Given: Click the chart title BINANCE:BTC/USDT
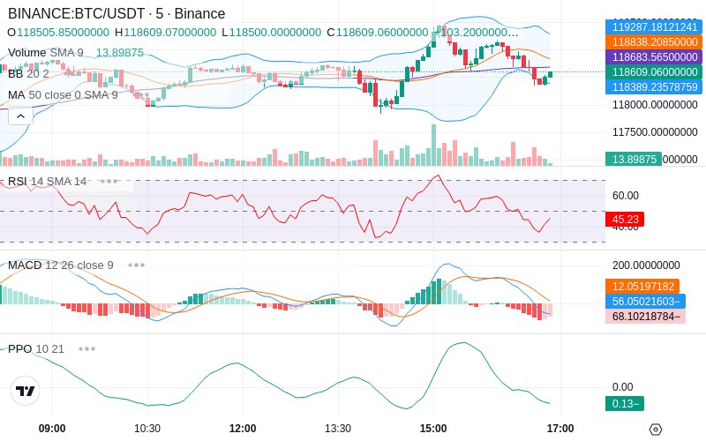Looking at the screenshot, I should [70, 13].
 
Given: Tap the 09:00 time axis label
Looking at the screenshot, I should [52, 428].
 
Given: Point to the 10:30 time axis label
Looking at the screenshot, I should [146, 428].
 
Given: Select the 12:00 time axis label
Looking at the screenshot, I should [243, 428].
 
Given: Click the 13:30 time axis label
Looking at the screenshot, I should [338, 428].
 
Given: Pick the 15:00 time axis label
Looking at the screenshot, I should [433, 428].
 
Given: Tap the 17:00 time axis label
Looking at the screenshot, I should [560, 428].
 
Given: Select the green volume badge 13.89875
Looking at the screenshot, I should [633, 159].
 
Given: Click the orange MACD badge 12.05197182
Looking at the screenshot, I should [642, 287].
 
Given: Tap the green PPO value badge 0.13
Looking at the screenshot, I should [624, 404].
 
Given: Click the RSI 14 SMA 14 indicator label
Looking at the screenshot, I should [48, 182].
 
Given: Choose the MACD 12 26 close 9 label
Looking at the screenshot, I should [61, 265].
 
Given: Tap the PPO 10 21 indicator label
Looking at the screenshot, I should [36, 348].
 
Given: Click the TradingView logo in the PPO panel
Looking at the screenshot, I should [26, 391].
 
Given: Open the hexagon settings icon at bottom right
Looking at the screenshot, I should [655, 429].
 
